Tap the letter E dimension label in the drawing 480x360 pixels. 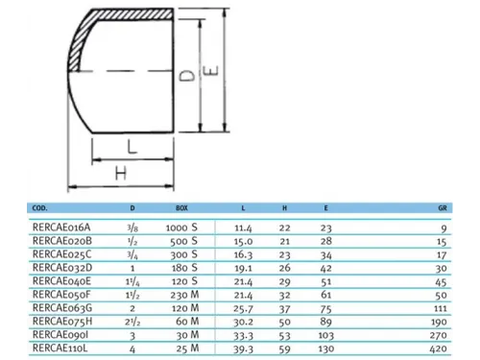tap(211, 70)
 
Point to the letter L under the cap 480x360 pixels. tap(132, 147)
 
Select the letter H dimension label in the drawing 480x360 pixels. tap(121, 174)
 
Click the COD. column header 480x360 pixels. tap(39, 208)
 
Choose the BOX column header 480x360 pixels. tap(181, 208)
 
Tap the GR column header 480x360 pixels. tap(443, 208)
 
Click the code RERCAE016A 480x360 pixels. tap(61, 228)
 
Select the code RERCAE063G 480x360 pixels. tap(62, 308)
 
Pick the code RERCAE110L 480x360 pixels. tap(60, 348)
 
